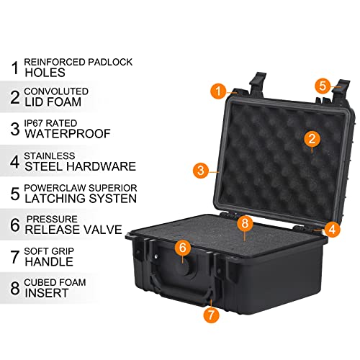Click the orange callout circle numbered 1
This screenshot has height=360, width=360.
(x=218, y=91)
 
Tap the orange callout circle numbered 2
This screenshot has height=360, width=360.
(x=312, y=138)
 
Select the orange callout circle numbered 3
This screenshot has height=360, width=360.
(x=201, y=171)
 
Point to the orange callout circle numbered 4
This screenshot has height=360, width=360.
(x=332, y=229)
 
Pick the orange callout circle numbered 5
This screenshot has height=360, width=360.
(x=323, y=86)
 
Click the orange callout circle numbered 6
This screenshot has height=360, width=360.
(x=183, y=248)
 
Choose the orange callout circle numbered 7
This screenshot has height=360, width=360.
(x=211, y=315)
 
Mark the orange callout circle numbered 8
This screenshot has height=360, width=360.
(x=245, y=223)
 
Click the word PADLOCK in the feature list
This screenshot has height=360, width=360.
(x=110, y=62)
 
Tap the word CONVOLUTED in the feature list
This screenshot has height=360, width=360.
(x=56, y=91)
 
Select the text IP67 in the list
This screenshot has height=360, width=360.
(x=34, y=123)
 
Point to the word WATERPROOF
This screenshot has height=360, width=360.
(x=68, y=134)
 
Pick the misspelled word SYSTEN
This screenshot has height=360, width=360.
(x=113, y=199)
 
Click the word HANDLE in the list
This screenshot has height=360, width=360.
(x=49, y=261)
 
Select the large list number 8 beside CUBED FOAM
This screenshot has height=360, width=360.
(x=15, y=288)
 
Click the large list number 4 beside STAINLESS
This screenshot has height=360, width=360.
(x=15, y=162)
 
